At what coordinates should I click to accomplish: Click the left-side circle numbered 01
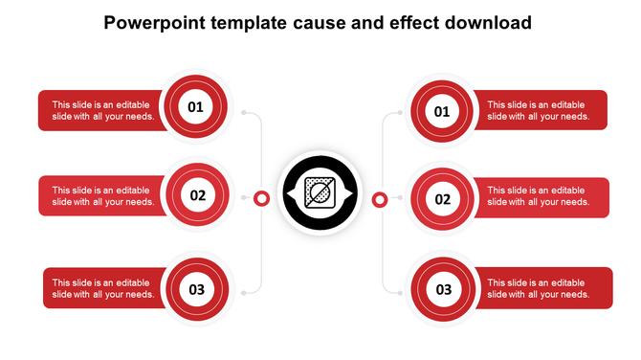pyautogui.click(x=195, y=106)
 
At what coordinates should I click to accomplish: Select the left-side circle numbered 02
pyautogui.click(x=197, y=196)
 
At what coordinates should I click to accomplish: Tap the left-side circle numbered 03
pyautogui.click(x=197, y=288)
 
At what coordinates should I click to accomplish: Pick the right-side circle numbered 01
pyautogui.click(x=442, y=112)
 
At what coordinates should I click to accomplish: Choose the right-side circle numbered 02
pyautogui.click(x=442, y=199)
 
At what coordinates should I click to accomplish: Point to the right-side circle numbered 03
pyautogui.click(x=444, y=288)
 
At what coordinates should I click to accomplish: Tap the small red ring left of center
pyautogui.click(x=260, y=198)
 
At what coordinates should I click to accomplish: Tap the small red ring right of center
pyautogui.click(x=380, y=199)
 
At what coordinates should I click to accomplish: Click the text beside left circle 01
pyautogui.click(x=103, y=111)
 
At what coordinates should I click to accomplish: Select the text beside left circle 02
pyautogui.click(x=103, y=196)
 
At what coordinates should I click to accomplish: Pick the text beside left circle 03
pyautogui.click(x=103, y=288)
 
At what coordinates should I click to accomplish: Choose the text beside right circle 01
pyautogui.click(x=538, y=111)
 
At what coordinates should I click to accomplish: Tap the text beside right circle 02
pyautogui.click(x=538, y=196)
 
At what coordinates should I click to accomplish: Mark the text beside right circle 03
pyautogui.click(x=538, y=288)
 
